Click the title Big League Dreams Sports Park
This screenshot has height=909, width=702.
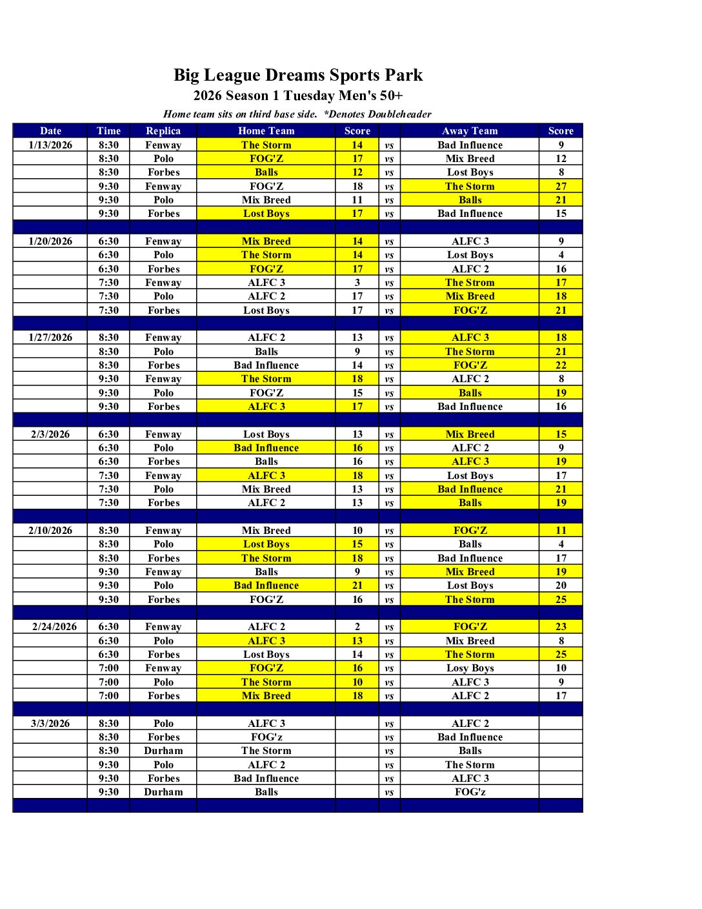point(298,75)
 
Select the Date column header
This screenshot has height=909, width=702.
point(50,130)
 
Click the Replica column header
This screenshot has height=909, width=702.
point(163,130)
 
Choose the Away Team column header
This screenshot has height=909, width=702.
point(470,130)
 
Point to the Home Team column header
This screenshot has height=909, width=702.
point(266,130)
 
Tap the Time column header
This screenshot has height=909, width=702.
point(108,130)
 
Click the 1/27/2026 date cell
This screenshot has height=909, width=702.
point(50,338)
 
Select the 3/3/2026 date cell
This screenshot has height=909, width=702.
point(50,723)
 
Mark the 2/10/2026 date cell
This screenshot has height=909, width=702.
point(50,530)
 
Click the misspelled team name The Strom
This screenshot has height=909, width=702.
point(470,283)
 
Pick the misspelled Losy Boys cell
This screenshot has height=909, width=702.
point(470,668)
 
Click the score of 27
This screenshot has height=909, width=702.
point(561,187)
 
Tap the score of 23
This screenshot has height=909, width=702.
point(561,626)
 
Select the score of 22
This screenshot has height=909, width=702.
point(561,365)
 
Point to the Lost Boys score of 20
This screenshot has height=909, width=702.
point(561,586)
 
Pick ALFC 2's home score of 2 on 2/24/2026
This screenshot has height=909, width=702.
point(357,626)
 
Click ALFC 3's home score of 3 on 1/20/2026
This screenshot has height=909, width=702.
point(357,283)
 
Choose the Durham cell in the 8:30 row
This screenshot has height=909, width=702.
point(163,751)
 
